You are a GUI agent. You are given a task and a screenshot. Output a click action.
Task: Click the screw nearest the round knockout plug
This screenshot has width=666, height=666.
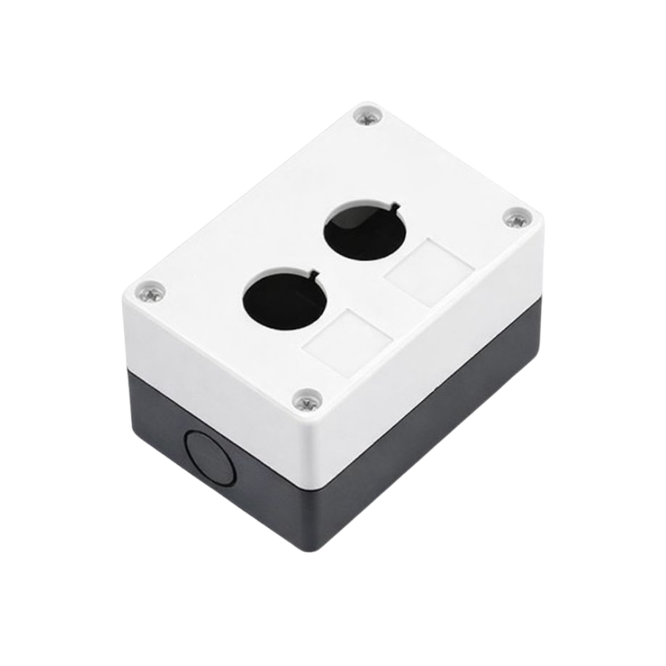pyautogui.click(x=308, y=400)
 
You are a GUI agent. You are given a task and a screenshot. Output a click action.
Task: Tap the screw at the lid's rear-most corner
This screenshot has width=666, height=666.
pyautogui.click(x=368, y=115)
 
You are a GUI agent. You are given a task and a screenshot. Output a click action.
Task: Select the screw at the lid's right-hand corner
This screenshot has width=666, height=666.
pyautogui.click(x=516, y=218)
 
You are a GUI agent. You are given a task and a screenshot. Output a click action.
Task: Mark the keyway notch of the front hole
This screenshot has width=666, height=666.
pyautogui.click(x=312, y=273)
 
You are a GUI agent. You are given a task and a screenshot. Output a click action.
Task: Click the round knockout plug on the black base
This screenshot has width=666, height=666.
pyautogui.click(x=209, y=458)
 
